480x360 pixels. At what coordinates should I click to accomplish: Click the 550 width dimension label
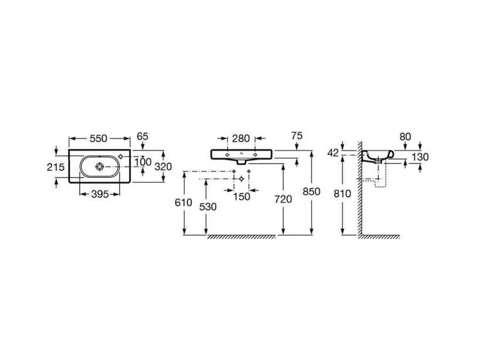(98, 138)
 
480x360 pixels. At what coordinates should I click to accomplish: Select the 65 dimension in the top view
(142, 137)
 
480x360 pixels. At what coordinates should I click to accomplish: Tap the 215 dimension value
(56, 167)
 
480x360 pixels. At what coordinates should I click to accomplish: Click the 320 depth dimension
(163, 167)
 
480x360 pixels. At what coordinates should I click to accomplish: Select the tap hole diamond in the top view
(121, 156)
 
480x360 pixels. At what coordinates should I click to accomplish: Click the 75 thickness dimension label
(297, 135)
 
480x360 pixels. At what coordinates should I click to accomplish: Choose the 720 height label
(283, 199)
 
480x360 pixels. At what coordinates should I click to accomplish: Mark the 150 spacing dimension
(241, 196)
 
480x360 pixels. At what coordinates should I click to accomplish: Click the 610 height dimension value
(184, 202)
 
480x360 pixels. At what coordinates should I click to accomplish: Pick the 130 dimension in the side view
(420, 157)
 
